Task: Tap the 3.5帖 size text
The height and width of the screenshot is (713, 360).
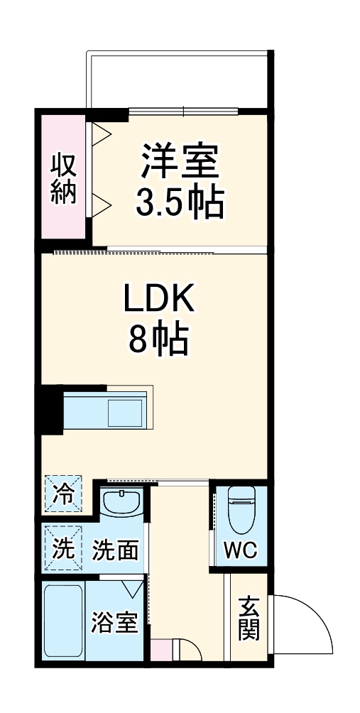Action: click(x=180, y=204)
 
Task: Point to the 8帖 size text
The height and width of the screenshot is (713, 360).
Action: click(x=158, y=342)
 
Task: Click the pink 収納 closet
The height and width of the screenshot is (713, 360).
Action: click(x=63, y=178)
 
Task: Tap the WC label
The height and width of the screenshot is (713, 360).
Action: click(x=241, y=550)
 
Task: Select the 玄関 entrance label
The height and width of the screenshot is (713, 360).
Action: click(x=249, y=617)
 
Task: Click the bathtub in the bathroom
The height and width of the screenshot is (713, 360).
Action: click(x=64, y=620)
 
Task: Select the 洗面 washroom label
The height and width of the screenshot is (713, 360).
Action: click(x=115, y=550)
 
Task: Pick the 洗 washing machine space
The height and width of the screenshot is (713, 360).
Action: click(x=62, y=548)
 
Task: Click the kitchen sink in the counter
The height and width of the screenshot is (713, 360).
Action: click(x=124, y=413)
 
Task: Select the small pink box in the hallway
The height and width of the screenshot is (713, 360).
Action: click(x=161, y=649)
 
